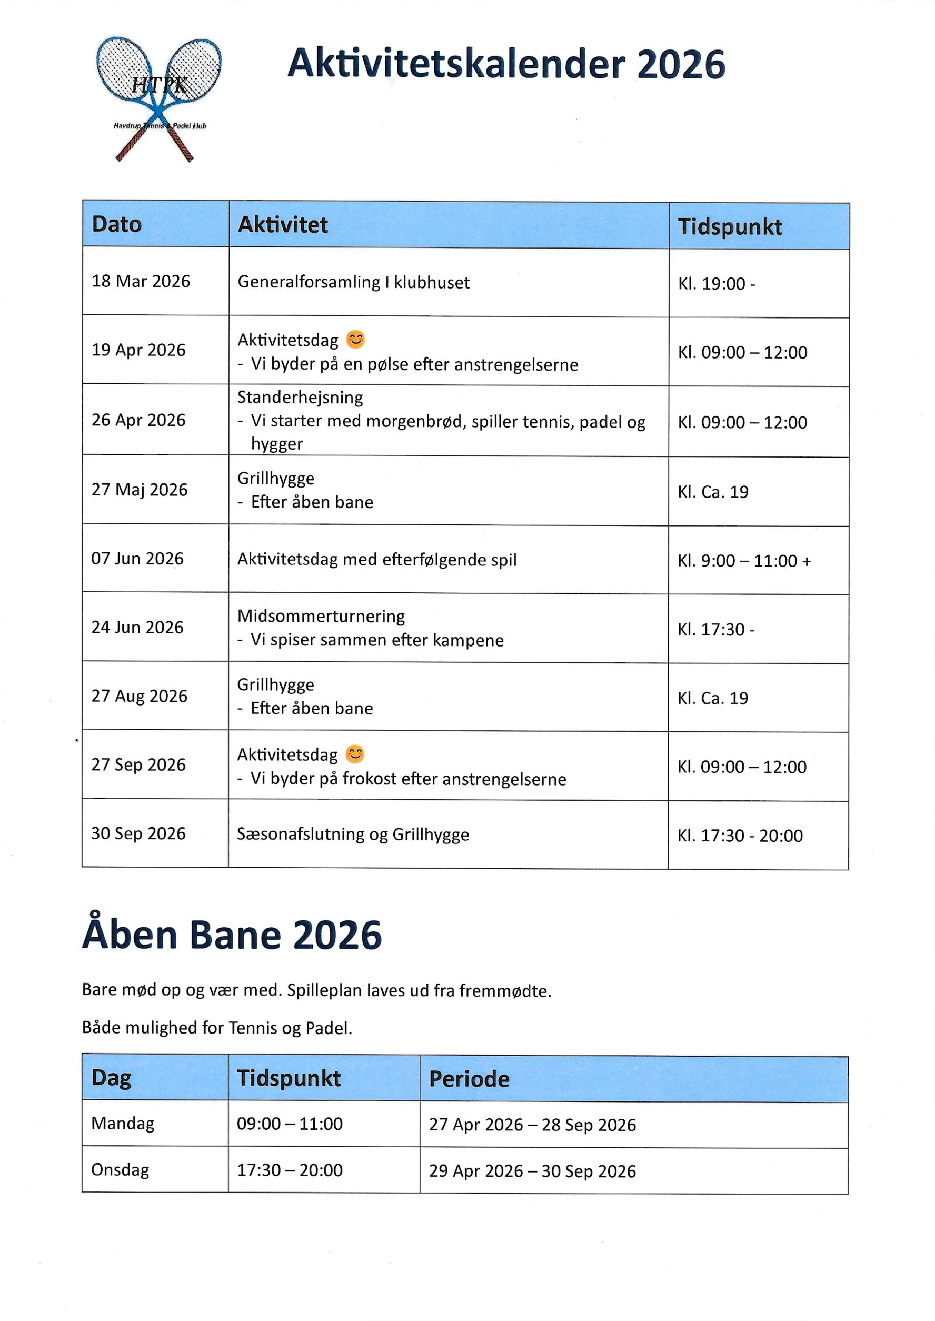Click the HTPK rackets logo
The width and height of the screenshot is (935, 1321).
[158, 98]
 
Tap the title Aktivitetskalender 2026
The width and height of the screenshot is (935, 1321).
[505, 63]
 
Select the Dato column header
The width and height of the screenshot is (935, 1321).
[116, 224]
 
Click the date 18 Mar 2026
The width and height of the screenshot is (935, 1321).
[141, 281]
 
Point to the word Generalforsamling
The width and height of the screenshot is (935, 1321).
[309, 282]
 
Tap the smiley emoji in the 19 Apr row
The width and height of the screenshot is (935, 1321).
[355, 339]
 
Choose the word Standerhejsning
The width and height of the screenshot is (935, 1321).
[300, 398]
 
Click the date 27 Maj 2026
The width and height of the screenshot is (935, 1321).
[140, 490]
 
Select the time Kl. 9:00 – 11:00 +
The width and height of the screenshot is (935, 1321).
[744, 560]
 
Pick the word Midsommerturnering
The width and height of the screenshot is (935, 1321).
[321, 616]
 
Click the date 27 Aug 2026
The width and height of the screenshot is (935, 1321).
[140, 696]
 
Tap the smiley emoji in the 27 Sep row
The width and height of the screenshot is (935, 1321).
[355, 754]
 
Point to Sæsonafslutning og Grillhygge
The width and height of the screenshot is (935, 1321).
[353, 835]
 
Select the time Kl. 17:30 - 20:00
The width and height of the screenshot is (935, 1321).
[740, 836]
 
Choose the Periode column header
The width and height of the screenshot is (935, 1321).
[469, 1079]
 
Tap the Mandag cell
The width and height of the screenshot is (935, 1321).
[123, 1124]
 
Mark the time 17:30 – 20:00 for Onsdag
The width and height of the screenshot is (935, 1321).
[290, 1170]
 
